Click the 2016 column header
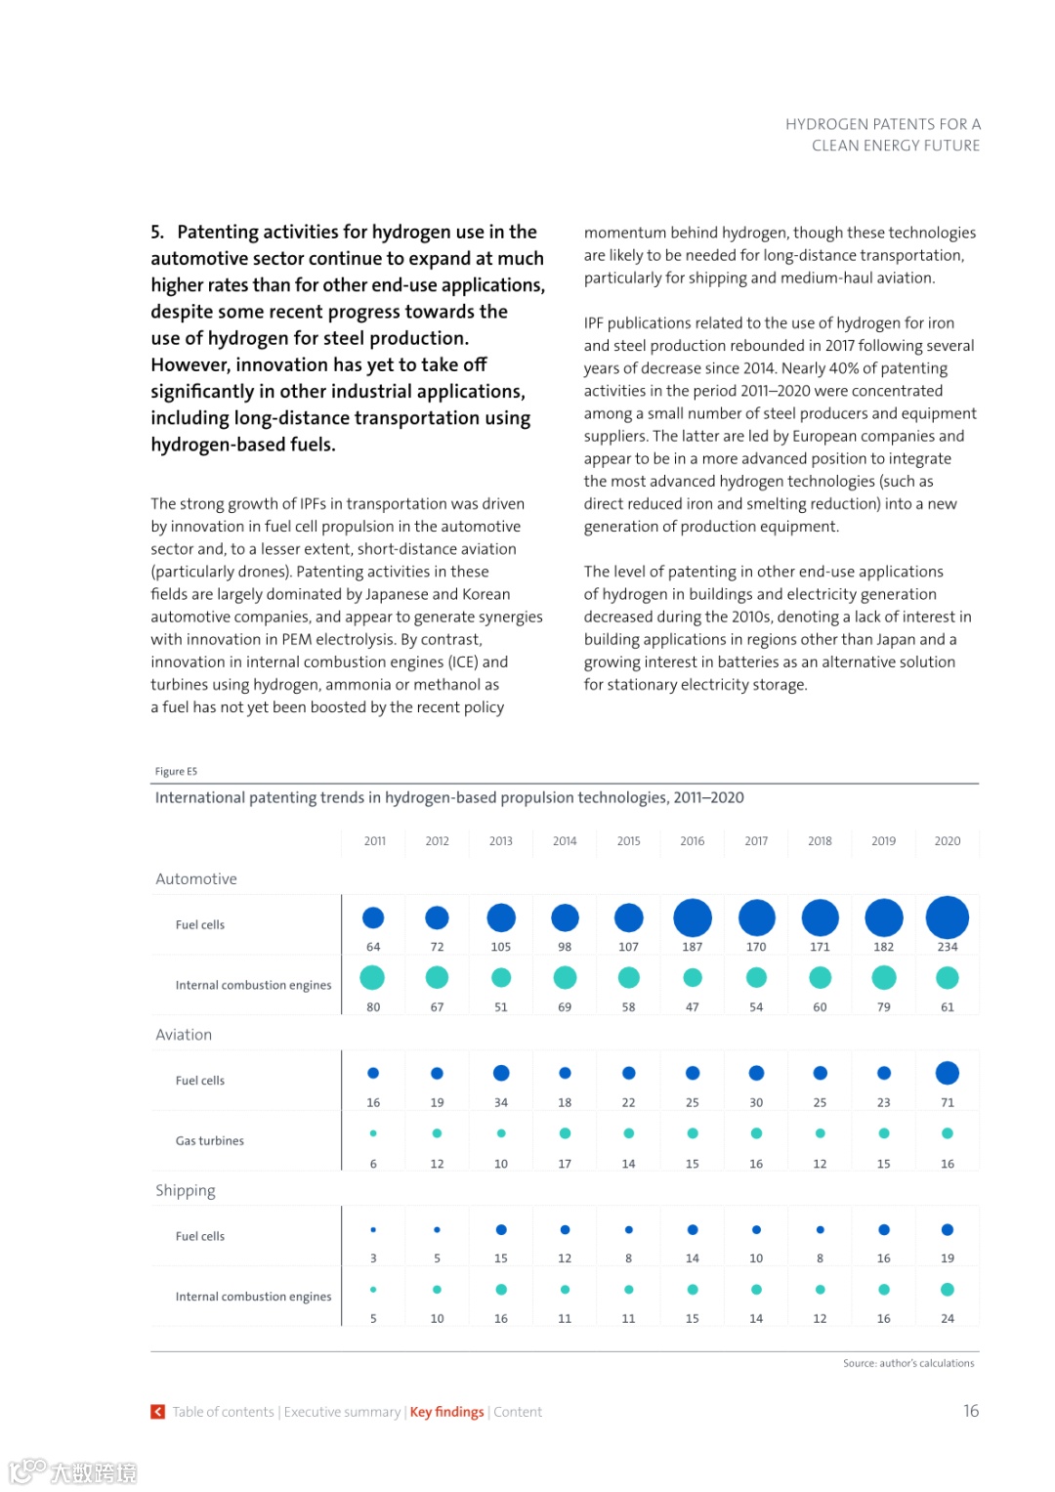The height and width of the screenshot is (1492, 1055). (692, 841)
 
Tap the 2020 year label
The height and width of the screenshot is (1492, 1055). (947, 841)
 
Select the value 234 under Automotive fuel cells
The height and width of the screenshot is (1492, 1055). (947, 947)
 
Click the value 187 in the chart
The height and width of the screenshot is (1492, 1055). (692, 947)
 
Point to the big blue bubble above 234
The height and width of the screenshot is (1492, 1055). (947, 917)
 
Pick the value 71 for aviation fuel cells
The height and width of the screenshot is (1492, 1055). (947, 1103)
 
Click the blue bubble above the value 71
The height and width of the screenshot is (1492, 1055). (947, 1073)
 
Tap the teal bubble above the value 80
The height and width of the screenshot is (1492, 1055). (372, 977)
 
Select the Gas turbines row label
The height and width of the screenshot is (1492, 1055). (210, 1141)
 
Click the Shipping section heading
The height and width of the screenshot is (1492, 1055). (186, 1191)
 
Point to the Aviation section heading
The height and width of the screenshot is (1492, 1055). (184, 1035)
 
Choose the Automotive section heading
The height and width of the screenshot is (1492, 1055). (196, 879)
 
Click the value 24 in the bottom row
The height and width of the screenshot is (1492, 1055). (947, 1319)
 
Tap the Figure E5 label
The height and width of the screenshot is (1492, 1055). (176, 772)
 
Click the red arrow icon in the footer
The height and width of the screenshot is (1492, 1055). (157, 1412)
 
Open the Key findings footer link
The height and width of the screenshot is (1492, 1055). (446, 1412)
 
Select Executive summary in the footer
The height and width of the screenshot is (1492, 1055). (342, 1412)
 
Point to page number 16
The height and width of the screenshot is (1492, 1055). (970, 1411)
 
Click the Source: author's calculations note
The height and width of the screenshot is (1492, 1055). (908, 1364)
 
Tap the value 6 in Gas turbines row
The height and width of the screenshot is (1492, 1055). (373, 1165)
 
